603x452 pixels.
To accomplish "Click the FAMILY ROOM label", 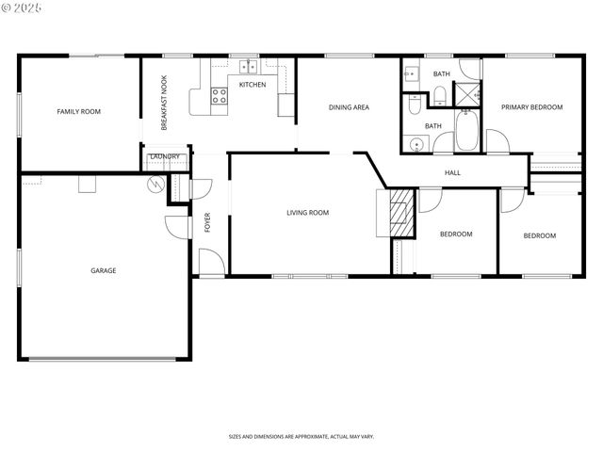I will [78, 111].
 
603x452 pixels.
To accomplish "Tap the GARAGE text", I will [104, 271].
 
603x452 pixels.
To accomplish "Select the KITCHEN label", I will [252, 85].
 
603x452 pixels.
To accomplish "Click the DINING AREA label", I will [349, 107].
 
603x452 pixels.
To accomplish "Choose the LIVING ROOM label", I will [308, 213].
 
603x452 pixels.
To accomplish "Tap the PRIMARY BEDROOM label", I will [531, 107].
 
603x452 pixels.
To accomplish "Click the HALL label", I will [452, 172].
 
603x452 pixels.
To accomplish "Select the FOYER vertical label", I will [207, 223].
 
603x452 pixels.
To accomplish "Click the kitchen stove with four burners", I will [219, 95].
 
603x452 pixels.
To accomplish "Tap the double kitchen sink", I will [249, 67].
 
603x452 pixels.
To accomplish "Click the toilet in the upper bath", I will [439, 93].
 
